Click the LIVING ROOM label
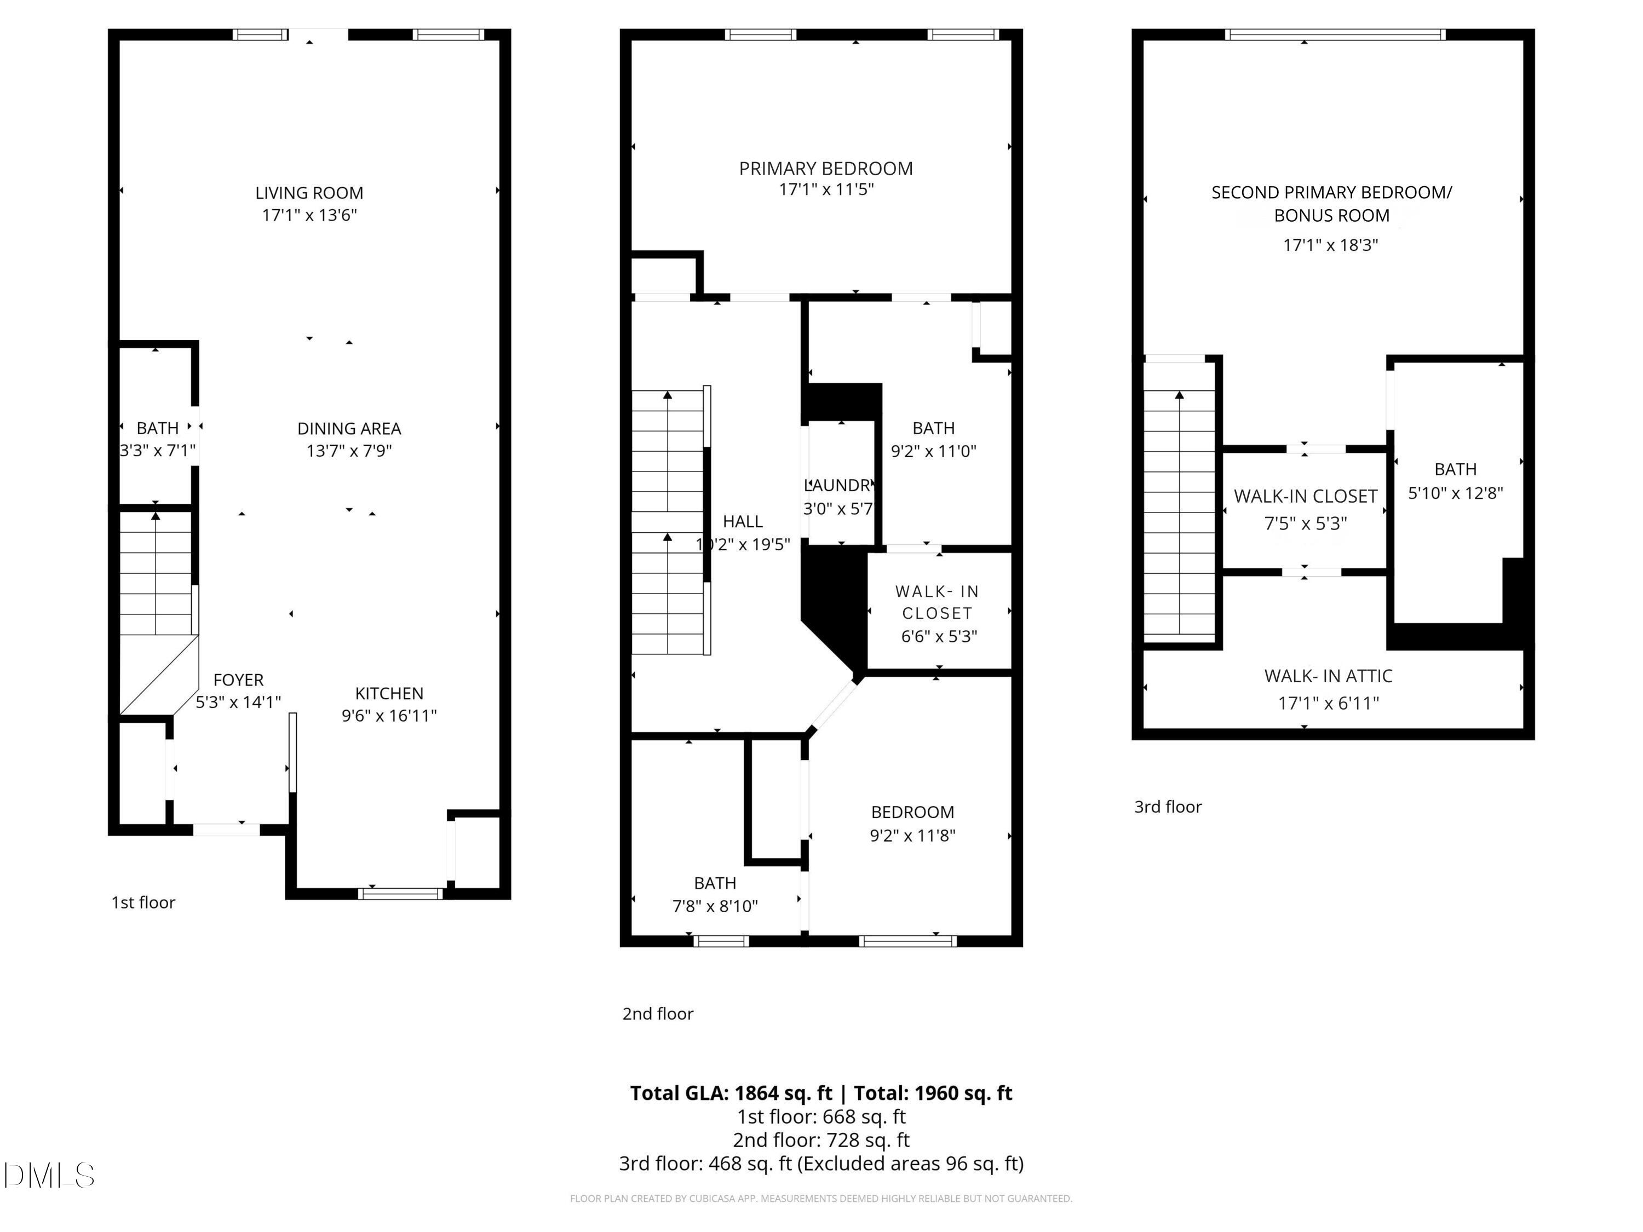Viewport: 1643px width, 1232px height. pos(309,193)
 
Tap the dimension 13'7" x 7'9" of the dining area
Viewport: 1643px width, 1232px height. pos(349,451)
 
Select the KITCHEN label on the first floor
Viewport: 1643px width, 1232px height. pos(389,694)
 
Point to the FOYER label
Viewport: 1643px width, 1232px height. pos(238,680)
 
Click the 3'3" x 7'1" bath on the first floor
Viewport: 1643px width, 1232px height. pos(158,440)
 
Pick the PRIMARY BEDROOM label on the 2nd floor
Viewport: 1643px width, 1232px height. pos(825,169)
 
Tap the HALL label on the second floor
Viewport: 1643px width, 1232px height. pos(743,521)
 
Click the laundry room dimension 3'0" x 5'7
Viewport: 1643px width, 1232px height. pos(838,509)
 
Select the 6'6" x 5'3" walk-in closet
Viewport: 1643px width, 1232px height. pos(938,613)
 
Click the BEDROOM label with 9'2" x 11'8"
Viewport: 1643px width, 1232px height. pos(912,813)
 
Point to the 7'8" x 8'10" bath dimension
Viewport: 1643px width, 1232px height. pos(715,906)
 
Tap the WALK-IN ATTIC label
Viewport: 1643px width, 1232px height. pos(1328,677)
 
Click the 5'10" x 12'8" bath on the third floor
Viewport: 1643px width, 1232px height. pos(1455,481)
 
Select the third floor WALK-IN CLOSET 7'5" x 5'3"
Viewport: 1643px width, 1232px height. pos(1305,509)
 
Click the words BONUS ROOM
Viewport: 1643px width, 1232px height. pos(1331,216)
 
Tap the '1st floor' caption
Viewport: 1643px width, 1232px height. pos(143,902)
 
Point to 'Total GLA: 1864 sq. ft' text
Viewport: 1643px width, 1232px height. pos(731,1093)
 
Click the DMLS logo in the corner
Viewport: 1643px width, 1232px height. pos(49,1175)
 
